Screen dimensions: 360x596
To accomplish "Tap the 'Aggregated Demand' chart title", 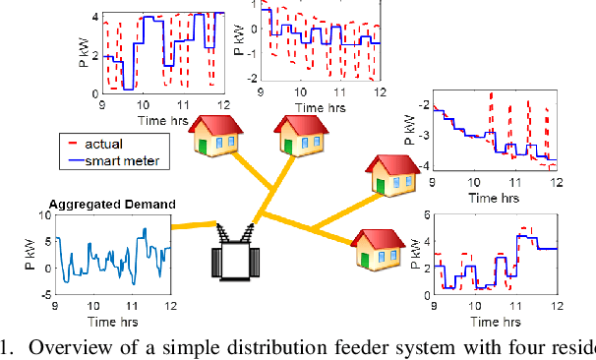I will [x=112, y=205].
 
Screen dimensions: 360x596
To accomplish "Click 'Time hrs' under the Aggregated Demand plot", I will [x=111, y=321].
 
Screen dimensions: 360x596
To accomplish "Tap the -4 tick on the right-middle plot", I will [x=423, y=168].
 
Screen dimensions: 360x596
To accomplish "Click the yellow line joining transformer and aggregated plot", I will [x=192, y=225].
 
